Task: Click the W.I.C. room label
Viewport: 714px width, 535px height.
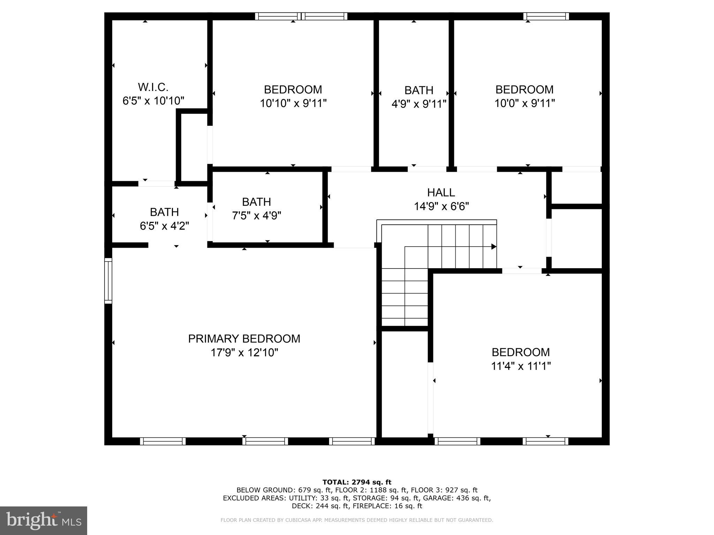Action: click(153, 87)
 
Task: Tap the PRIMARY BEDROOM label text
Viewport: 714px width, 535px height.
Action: click(244, 339)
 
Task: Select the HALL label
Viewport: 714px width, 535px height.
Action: click(441, 192)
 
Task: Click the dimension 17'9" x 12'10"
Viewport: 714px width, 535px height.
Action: click(244, 352)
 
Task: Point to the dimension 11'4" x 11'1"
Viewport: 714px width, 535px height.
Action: click(521, 366)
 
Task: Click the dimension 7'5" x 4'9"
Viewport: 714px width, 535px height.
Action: click(257, 216)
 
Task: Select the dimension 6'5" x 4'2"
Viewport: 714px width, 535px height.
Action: click(164, 226)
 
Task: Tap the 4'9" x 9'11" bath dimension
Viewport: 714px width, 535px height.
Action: click(419, 104)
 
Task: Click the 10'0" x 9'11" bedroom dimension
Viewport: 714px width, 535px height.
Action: click(524, 103)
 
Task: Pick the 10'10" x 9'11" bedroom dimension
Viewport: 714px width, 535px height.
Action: click(293, 103)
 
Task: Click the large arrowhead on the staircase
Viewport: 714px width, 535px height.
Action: click(494, 247)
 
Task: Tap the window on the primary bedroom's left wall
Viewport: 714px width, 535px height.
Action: click(108, 281)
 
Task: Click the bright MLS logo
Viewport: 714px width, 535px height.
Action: click(44, 520)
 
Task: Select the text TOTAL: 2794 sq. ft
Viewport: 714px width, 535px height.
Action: click(357, 482)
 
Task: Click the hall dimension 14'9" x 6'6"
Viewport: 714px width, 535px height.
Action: click(441, 207)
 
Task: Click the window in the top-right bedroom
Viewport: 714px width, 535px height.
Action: click(546, 16)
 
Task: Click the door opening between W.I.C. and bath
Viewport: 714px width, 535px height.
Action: click(157, 184)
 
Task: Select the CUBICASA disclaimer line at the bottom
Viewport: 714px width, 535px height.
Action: click(357, 520)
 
